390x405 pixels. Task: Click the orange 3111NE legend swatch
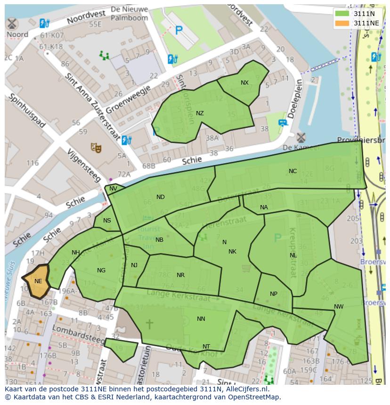click(x=342, y=23)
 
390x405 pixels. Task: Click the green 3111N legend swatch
click(x=342, y=14)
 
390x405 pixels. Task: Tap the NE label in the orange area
click(x=38, y=281)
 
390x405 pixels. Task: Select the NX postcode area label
click(x=244, y=83)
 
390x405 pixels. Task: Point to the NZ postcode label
click(x=200, y=113)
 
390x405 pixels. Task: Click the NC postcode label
click(x=292, y=171)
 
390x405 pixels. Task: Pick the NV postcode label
click(x=113, y=189)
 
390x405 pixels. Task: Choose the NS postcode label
click(x=107, y=221)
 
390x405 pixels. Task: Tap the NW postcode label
click(x=338, y=307)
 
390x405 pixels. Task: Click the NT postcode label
click(x=206, y=347)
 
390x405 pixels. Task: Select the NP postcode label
click(x=273, y=294)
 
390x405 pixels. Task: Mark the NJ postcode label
click(x=134, y=265)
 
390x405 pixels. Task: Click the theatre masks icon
click(x=96, y=148)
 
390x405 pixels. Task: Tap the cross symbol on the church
click(x=149, y=324)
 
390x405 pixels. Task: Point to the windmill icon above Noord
click(x=12, y=24)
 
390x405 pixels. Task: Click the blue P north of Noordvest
click(x=179, y=31)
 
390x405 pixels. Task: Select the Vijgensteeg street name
click(x=84, y=165)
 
